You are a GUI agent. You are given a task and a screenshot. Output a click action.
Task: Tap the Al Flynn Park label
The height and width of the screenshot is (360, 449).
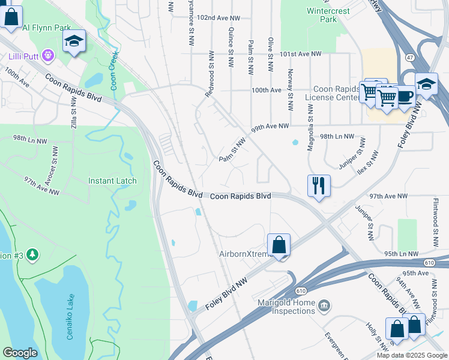click(x=46, y=28)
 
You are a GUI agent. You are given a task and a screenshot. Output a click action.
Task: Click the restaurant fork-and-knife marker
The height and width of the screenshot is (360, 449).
click(x=319, y=185)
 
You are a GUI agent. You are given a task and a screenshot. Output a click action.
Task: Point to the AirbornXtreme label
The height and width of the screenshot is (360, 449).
click(x=247, y=254)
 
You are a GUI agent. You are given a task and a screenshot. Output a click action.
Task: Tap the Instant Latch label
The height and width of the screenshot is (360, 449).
click(x=112, y=181)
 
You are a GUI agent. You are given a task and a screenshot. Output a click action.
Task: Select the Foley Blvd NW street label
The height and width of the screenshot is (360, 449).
click(x=231, y=279)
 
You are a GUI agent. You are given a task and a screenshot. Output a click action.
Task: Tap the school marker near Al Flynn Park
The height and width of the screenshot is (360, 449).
click(x=74, y=41)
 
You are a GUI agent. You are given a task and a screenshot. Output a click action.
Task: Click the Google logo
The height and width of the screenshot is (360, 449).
click(x=20, y=353)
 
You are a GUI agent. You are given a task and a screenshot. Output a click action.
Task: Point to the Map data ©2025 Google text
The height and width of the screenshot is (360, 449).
click(x=411, y=355)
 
